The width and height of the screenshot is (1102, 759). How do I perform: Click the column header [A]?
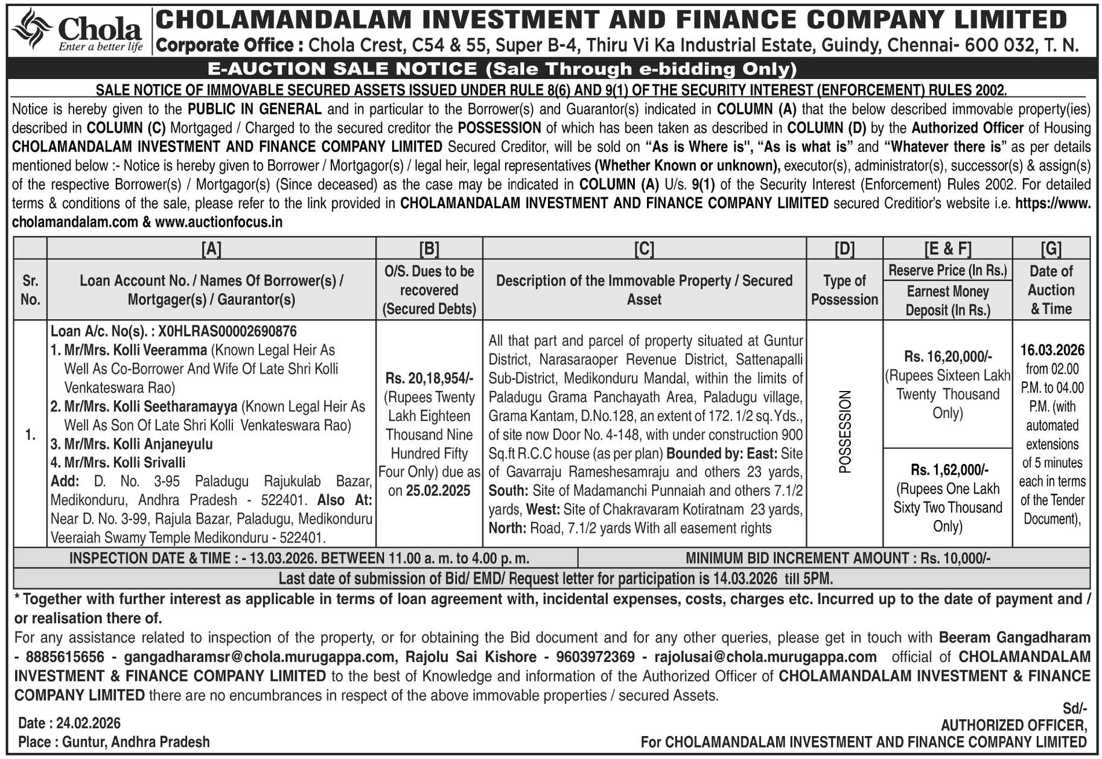pyautogui.click(x=211, y=249)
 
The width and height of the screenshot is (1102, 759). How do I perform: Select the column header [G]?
pyautogui.click(x=1051, y=249)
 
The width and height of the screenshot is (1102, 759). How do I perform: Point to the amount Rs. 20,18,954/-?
pyautogui.click(x=429, y=378)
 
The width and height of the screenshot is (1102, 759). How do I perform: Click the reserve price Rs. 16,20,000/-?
pyautogui.click(x=948, y=356)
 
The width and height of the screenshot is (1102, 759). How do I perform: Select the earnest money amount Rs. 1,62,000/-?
pyautogui.click(x=948, y=469)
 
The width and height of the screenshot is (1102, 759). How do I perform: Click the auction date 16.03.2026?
pyautogui.click(x=1052, y=350)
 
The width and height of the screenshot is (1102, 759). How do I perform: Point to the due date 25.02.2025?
pyautogui.click(x=438, y=491)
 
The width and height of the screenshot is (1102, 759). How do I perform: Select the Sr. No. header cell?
pyautogui.click(x=30, y=290)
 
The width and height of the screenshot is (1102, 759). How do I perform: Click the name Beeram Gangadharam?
pyautogui.click(x=1014, y=638)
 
